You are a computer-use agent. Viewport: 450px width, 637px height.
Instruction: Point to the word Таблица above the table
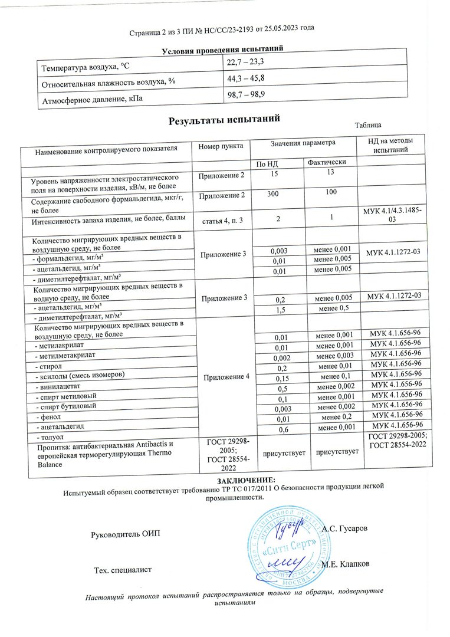368,125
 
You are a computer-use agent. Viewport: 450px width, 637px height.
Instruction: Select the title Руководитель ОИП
124,534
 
